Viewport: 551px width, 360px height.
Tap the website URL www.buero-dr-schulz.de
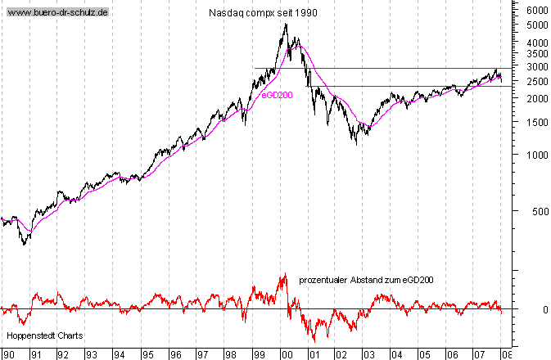coord(57,14)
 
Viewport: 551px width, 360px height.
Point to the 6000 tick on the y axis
coord(536,11)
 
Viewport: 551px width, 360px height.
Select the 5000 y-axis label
coord(536,25)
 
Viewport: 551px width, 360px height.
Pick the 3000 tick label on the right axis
coord(536,66)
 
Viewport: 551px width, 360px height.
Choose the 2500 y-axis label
coord(536,81)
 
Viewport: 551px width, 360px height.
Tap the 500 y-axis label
coord(539,211)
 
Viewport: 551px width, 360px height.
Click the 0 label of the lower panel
coord(544,310)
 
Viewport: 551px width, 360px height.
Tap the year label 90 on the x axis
coord(7,354)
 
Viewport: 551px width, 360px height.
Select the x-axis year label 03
coord(368,354)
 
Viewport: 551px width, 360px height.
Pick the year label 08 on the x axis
coord(508,354)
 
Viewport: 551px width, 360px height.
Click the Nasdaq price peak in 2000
coord(285,24)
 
